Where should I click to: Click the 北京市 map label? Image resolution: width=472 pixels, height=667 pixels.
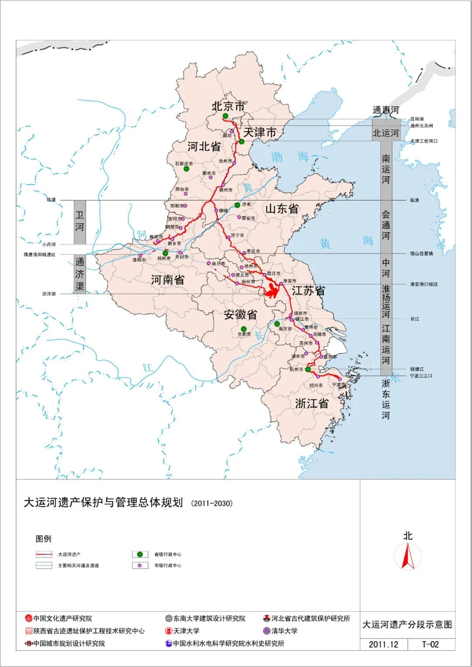(228, 106)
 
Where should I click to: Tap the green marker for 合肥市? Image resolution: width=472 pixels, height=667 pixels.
(243, 329)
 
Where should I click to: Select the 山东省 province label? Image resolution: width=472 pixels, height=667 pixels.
(282, 209)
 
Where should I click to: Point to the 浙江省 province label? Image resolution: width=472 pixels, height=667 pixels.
(312, 404)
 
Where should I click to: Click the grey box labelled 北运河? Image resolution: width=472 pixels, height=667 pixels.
(385, 133)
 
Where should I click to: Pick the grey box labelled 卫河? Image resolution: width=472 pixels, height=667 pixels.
(80, 222)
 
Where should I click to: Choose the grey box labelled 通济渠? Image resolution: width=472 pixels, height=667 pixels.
(80, 274)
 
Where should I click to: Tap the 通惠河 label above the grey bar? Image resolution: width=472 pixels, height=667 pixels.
(385, 110)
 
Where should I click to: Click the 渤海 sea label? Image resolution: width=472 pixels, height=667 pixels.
(290, 157)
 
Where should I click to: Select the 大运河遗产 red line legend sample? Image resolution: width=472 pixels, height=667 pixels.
(44, 554)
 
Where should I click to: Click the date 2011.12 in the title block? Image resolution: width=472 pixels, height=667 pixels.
(383, 644)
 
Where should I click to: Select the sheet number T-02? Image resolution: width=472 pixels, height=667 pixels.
(430, 644)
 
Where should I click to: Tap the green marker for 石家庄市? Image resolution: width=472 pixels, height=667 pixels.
(187, 169)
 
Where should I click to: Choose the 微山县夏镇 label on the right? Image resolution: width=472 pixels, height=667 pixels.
(421, 253)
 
